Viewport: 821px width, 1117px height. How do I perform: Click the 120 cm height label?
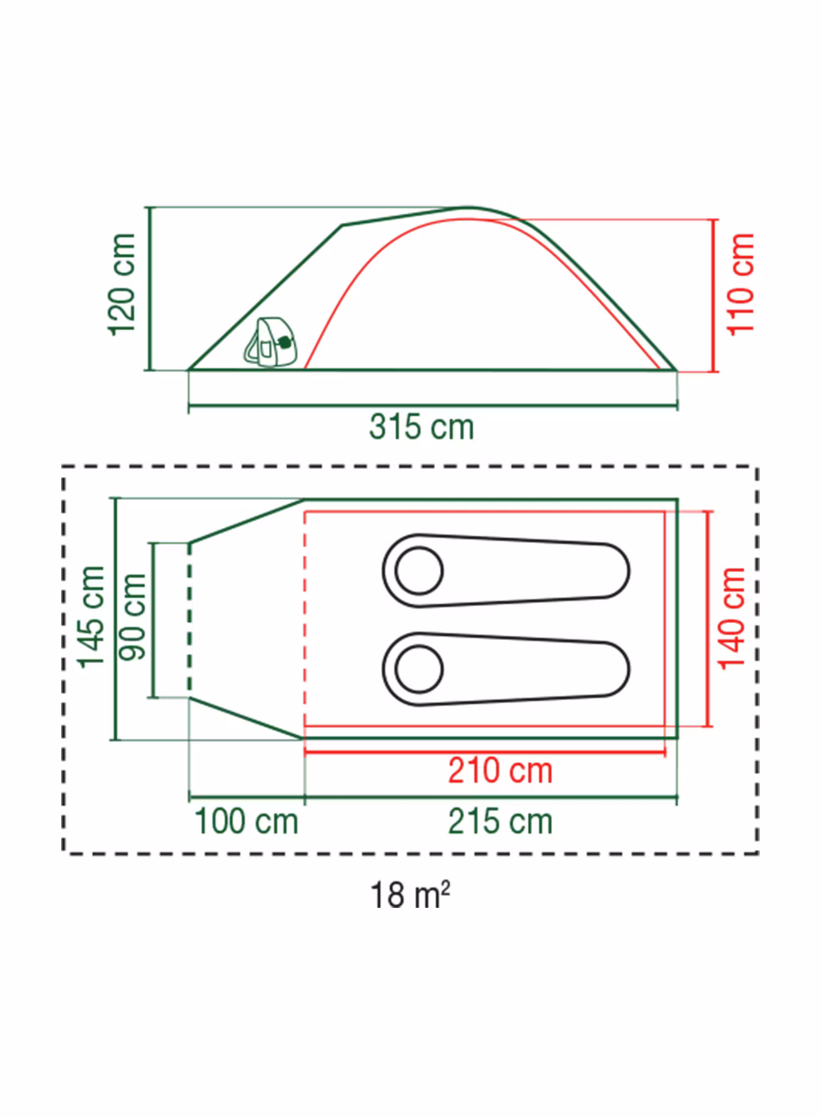(122, 285)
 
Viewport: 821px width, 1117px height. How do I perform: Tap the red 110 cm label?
(741, 285)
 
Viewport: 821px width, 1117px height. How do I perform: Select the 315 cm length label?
(421, 427)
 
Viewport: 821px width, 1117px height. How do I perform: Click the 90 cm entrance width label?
(132, 617)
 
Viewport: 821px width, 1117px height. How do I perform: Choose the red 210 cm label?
(500, 771)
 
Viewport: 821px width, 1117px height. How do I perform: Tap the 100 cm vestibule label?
(246, 822)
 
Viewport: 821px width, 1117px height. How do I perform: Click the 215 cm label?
(500, 822)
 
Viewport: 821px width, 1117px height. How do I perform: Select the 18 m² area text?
(410, 895)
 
